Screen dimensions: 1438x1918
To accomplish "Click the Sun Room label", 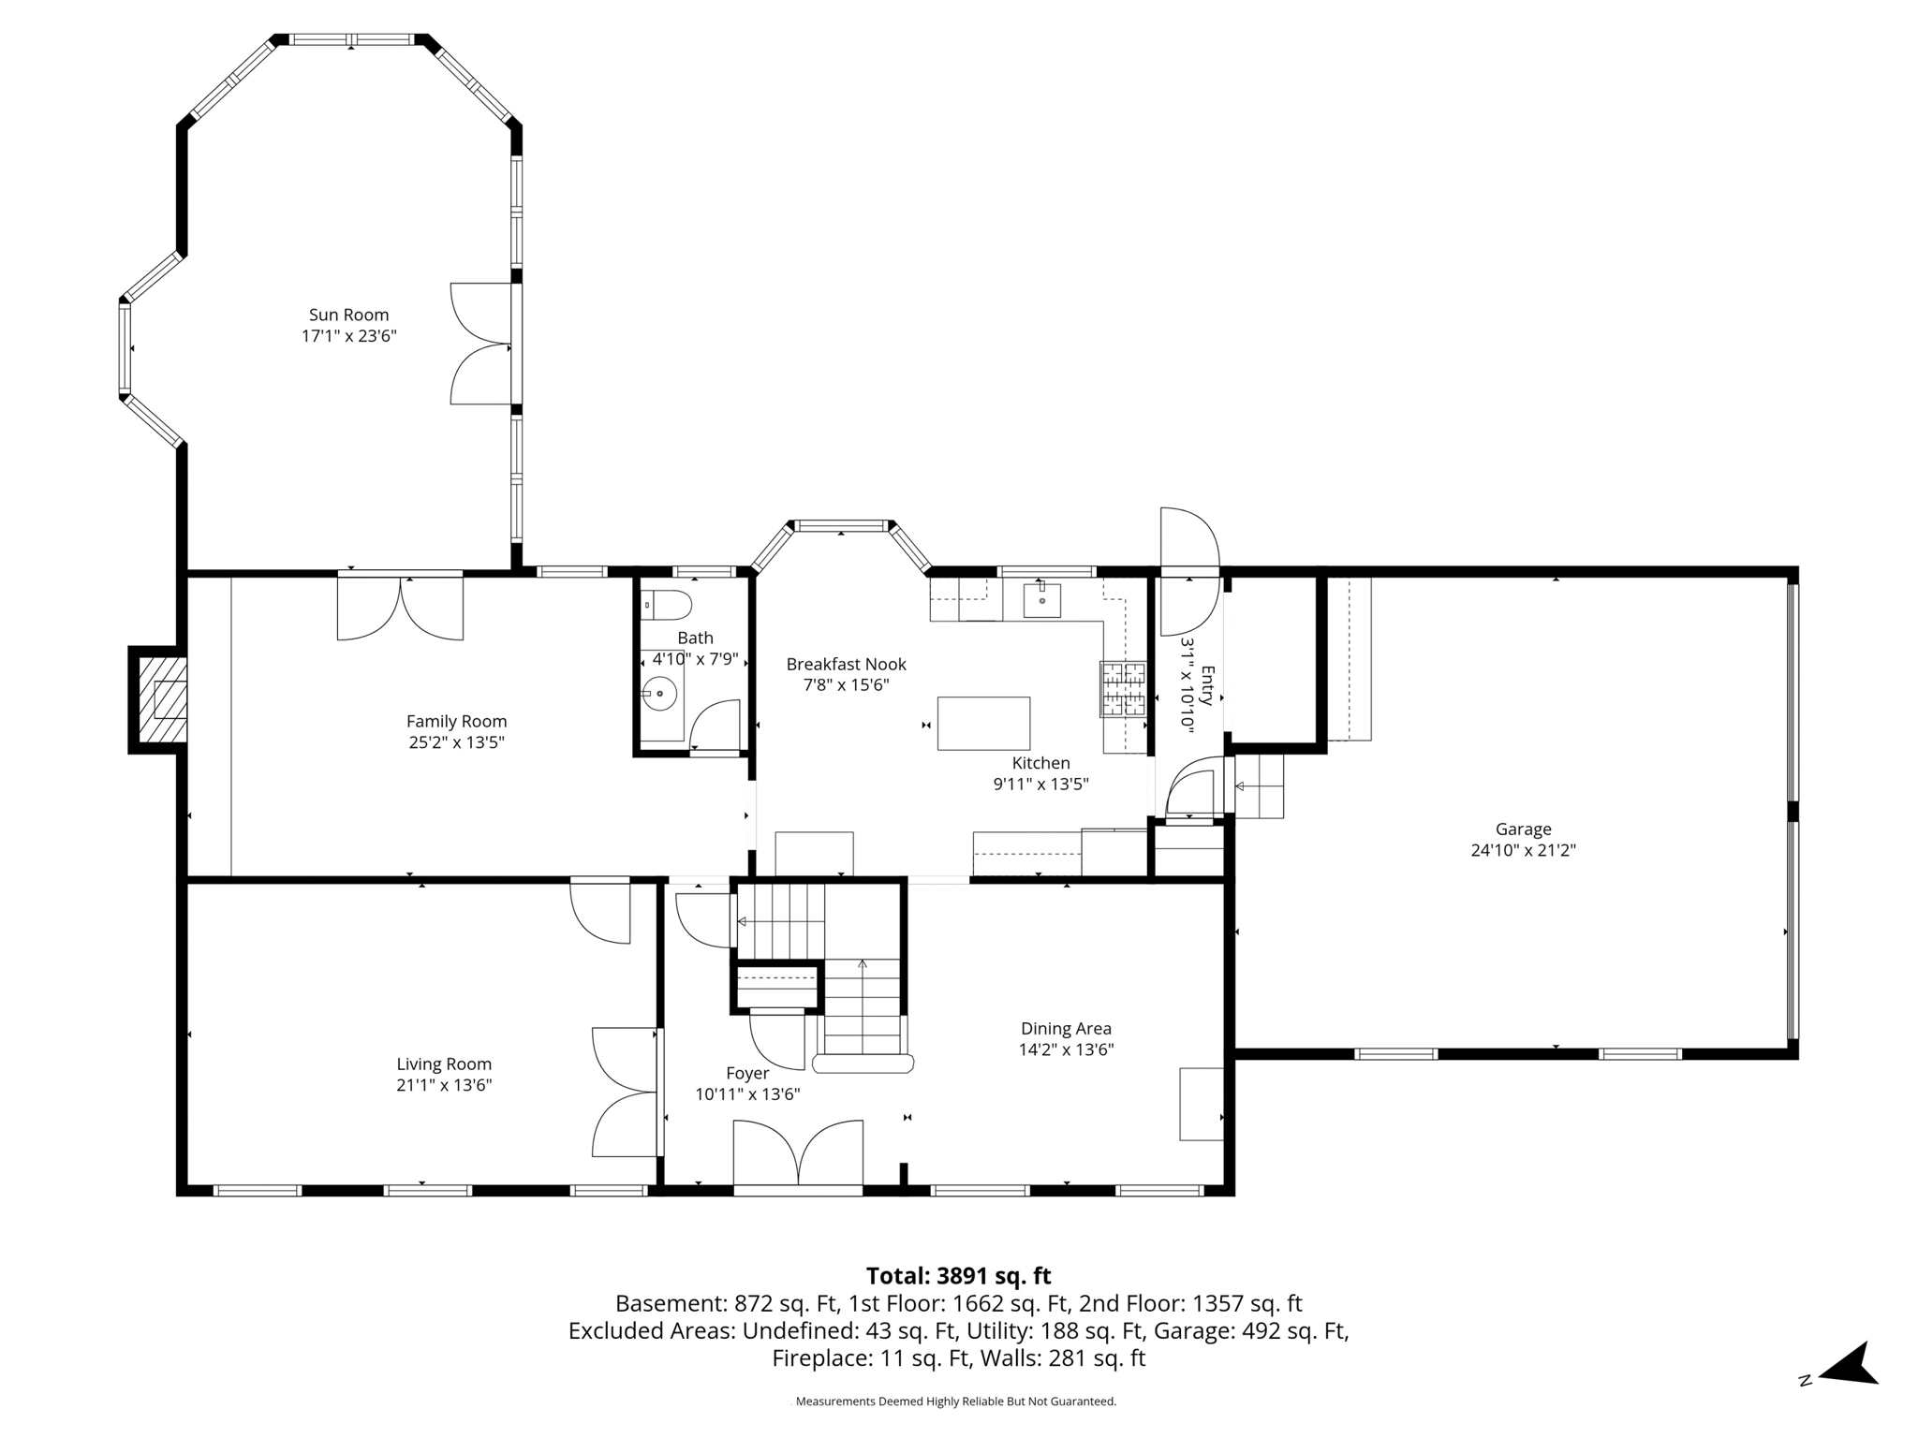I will (x=348, y=315).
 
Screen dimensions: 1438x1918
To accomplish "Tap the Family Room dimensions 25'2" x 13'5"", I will (x=456, y=742).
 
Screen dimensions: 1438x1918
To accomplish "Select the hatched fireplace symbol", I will (x=162, y=699).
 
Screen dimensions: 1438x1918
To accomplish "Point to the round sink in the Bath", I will (x=660, y=694).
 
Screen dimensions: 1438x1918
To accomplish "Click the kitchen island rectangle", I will (x=983, y=723).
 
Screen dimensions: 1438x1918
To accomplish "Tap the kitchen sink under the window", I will (x=1041, y=600).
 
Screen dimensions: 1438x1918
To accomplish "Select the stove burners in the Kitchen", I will (x=1123, y=690).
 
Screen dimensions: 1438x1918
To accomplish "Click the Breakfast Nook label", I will (x=846, y=664).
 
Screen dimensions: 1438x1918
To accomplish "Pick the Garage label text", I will (x=1523, y=829).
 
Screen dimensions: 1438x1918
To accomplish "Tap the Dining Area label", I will (x=1066, y=1029).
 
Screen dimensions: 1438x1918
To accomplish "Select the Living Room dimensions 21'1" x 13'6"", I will (x=444, y=1086).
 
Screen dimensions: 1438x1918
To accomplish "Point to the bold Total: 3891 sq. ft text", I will (x=958, y=1276).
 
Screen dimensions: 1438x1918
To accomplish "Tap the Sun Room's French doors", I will (x=482, y=344).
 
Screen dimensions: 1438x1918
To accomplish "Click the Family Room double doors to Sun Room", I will (x=400, y=607).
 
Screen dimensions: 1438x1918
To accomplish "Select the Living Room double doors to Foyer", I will (x=626, y=1092).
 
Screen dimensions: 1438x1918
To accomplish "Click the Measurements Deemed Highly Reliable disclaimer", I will (x=955, y=1401).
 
